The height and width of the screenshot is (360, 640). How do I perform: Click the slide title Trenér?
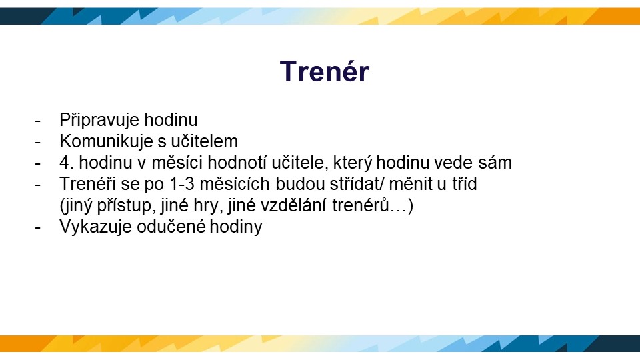tap(325, 71)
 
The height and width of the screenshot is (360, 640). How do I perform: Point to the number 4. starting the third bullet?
tap(67, 163)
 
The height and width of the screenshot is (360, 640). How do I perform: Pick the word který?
tap(352, 163)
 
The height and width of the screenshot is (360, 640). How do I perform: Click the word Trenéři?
tap(87, 184)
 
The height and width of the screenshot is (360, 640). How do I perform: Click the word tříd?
tap(464, 184)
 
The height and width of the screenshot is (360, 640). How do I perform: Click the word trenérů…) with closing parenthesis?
tap(373, 205)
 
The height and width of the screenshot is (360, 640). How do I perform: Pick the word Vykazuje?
tap(95, 227)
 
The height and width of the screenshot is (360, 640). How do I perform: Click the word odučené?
tap(171, 226)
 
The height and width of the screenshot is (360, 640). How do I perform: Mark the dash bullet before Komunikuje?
tap(38, 142)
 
